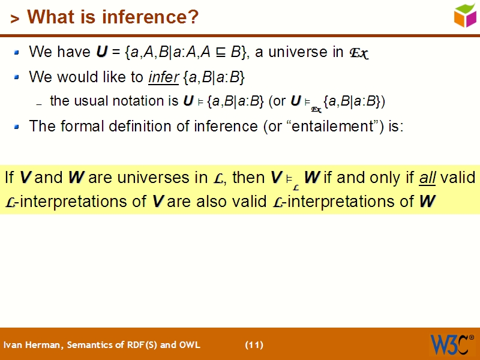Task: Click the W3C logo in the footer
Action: click(451, 344)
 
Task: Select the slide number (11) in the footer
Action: click(254, 345)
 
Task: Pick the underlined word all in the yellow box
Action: click(428, 178)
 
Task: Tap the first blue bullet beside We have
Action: click(17, 53)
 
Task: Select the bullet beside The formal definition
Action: click(17, 127)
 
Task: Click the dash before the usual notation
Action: click(39, 104)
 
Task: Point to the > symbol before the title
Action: click(14, 19)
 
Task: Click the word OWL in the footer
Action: click(190, 345)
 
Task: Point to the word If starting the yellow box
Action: click(10, 178)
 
